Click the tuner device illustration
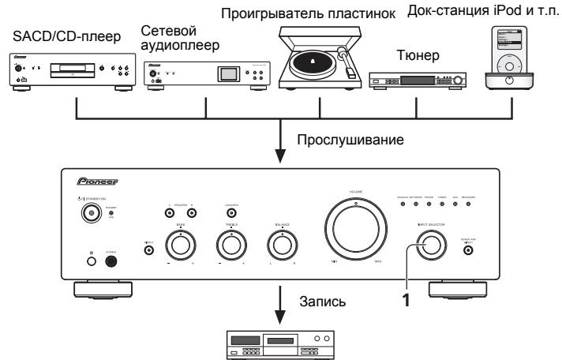click(416, 80)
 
